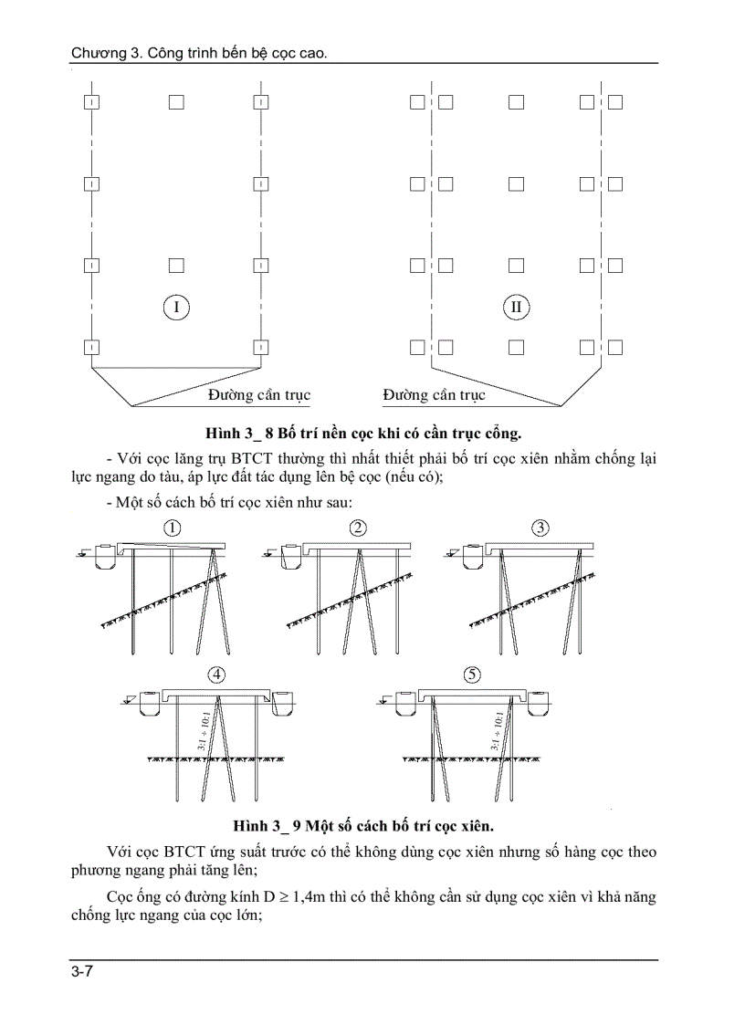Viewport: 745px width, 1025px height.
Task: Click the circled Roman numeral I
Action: click(x=176, y=307)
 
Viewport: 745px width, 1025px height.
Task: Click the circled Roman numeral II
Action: click(x=517, y=307)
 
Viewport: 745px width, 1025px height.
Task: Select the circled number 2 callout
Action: click(x=359, y=528)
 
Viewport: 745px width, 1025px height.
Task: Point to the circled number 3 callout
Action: click(x=540, y=528)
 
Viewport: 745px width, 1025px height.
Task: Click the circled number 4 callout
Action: click(x=216, y=675)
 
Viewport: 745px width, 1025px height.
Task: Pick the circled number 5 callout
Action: click(x=472, y=675)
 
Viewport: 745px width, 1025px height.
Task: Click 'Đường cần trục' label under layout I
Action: click(x=258, y=395)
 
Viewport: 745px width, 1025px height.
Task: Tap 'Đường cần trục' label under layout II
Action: click(x=434, y=395)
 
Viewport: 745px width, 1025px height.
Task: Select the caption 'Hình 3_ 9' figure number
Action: click(x=265, y=826)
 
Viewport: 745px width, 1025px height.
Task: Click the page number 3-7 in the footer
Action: click(x=82, y=972)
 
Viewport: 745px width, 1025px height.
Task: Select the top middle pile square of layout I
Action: click(x=176, y=102)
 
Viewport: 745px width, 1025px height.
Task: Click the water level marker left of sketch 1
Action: click(x=82, y=551)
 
